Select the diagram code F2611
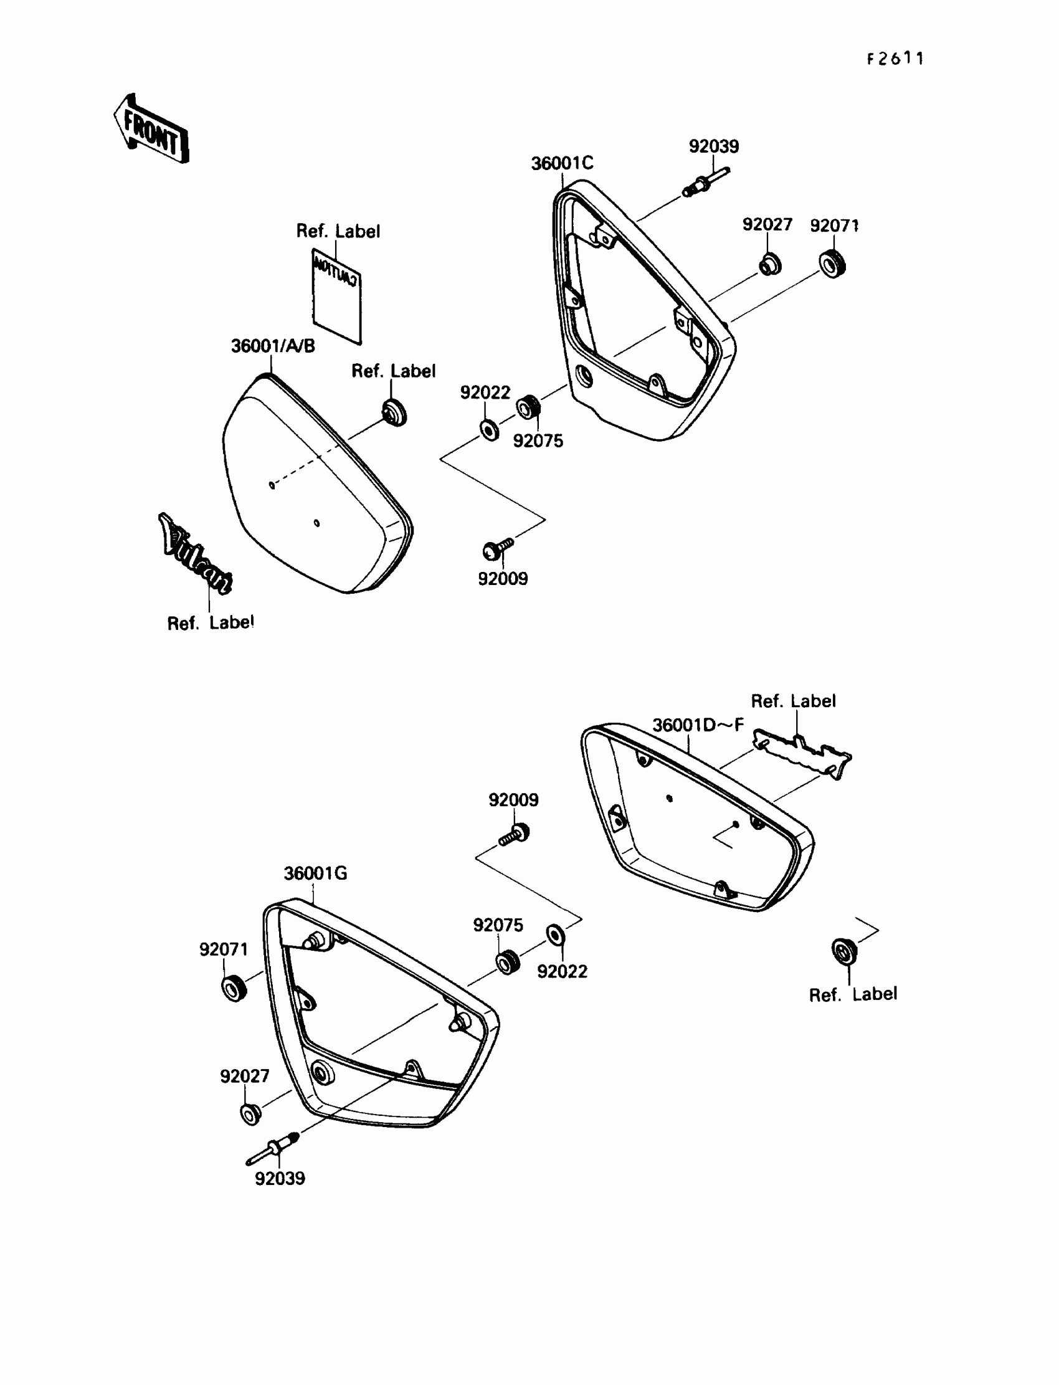click(895, 59)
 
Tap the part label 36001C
click(562, 163)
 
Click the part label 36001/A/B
click(273, 346)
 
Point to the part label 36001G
click(315, 873)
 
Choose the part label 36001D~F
click(698, 725)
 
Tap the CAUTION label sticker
click(337, 296)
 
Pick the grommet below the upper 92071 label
click(833, 264)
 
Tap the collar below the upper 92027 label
click(769, 264)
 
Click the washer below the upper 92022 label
click(489, 431)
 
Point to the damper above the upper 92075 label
click(528, 407)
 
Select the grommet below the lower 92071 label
click(234, 988)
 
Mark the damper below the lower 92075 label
click(508, 963)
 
